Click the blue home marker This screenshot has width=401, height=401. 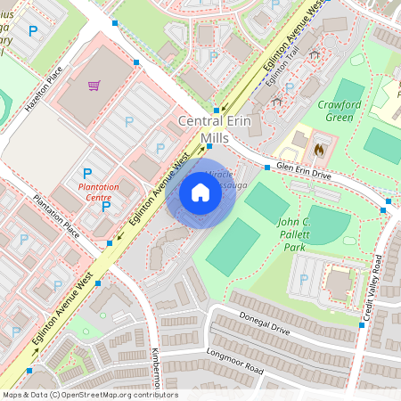pyautogui.click(x=200, y=192)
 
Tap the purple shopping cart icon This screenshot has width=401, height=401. pyautogui.click(x=94, y=86)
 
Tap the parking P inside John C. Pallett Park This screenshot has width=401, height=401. pyautogui.click(x=304, y=279)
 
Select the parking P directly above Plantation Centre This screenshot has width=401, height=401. pyautogui.click(x=87, y=173)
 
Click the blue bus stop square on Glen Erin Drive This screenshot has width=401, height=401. pyautogui.click(x=266, y=167)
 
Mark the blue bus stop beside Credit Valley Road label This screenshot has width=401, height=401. pyautogui.click(x=362, y=325)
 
